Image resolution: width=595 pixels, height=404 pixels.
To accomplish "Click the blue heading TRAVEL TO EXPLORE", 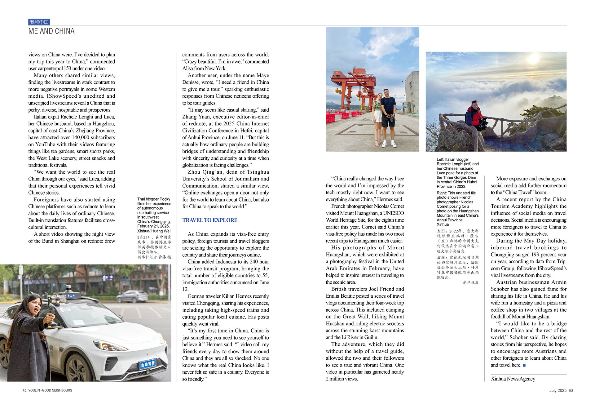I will click(x=210, y=220).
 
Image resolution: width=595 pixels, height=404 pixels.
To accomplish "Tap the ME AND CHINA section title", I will click(x=51, y=31).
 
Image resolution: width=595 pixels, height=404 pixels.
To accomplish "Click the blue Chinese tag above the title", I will click(x=39, y=22).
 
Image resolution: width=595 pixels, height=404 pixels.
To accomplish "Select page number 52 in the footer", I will click(x=24, y=390).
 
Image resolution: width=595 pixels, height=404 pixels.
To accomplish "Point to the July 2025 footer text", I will click(x=558, y=390).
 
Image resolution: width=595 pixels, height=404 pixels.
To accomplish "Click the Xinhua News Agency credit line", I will click(x=513, y=379).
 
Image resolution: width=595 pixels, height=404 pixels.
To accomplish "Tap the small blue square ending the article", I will click(x=524, y=365).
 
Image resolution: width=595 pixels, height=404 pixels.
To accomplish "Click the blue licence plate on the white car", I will click(x=148, y=363).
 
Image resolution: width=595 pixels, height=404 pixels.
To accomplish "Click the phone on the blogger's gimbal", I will click(x=59, y=299).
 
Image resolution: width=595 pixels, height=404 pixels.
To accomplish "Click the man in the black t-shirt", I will click(x=388, y=116).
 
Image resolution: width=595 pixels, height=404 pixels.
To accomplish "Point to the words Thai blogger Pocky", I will click(x=154, y=199).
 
